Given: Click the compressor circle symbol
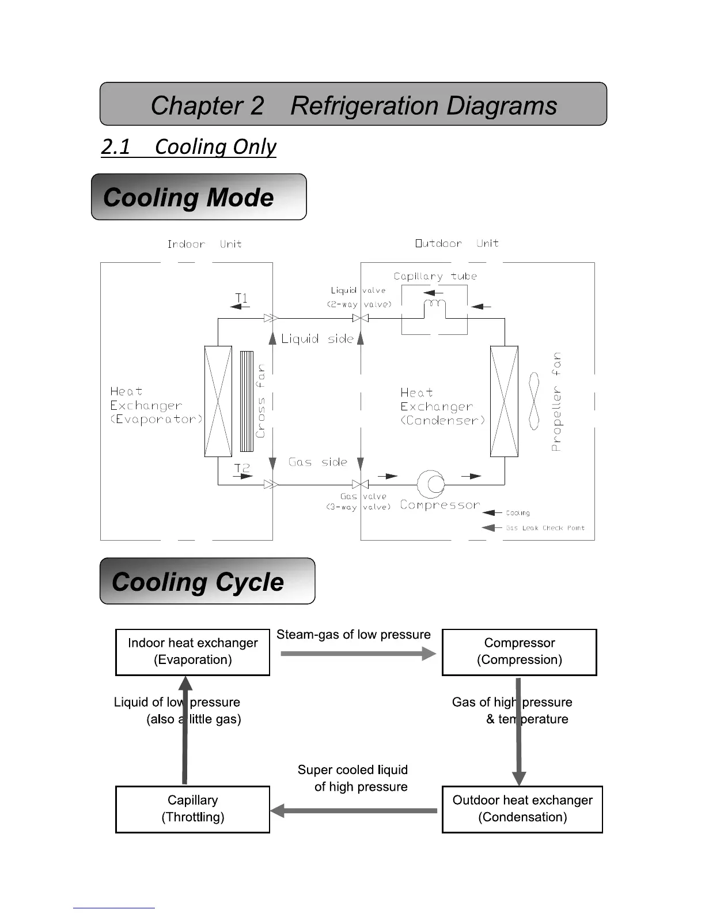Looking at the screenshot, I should click(x=431, y=484).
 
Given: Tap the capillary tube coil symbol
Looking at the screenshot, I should click(x=434, y=304).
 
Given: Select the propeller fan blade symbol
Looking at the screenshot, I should click(x=534, y=401).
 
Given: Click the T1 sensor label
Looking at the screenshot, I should click(x=241, y=297).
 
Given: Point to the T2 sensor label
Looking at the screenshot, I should click(x=242, y=468).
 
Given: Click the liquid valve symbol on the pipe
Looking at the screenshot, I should click(x=361, y=318).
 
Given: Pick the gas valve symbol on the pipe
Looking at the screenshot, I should click(x=361, y=485).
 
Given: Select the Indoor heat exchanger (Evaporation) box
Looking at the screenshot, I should click(x=192, y=652).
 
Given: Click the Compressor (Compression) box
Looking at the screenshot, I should click(x=519, y=652).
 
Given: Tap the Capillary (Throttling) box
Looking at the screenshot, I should click(x=192, y=809).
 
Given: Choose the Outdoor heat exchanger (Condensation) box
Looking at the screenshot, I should click(x=522, y=809).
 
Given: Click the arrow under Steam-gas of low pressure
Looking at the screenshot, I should click(x=358, y=654).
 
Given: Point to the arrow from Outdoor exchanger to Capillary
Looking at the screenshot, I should click(x=354, y=810).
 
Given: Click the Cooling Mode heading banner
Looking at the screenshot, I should click(x=199, y=197).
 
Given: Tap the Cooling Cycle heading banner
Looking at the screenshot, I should click(x=207, y=581).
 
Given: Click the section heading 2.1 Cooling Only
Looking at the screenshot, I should click(x=188, y=147).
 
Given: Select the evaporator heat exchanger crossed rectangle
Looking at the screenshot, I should click(x=218, y=401).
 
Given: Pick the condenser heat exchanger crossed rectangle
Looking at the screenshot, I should click(x=504, y=401).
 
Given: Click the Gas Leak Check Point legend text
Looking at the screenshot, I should click(x=545, y=528).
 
